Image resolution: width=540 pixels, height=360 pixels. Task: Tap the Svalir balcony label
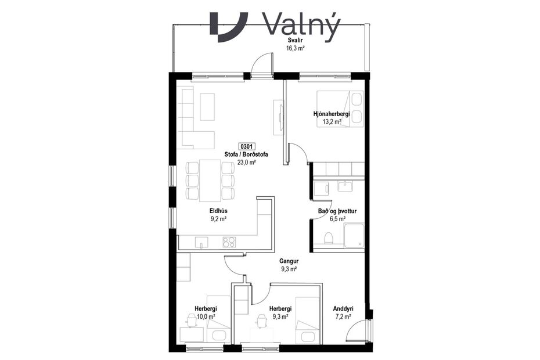(x=296, y=41)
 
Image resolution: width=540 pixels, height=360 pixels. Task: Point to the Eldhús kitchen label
(x=218, y=211)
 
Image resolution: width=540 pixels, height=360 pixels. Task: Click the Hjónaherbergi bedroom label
(x=332, y=115)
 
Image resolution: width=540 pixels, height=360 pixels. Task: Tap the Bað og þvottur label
(x=332, y=211)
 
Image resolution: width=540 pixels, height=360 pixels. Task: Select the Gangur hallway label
(x=289, y=261)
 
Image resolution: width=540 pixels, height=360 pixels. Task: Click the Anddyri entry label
(x=343, y=309)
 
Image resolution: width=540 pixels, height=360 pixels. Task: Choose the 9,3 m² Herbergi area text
(x=280, y=317)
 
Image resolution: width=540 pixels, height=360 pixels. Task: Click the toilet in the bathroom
(x=328, y=237)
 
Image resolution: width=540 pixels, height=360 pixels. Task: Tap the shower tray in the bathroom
(x=354, y=235)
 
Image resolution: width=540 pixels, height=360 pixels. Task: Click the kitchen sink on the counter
(x=201, y=242)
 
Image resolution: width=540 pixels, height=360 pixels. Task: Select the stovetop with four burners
(x=230, y=242)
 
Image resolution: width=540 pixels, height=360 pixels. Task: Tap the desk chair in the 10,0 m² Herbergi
(x=191, y=319)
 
